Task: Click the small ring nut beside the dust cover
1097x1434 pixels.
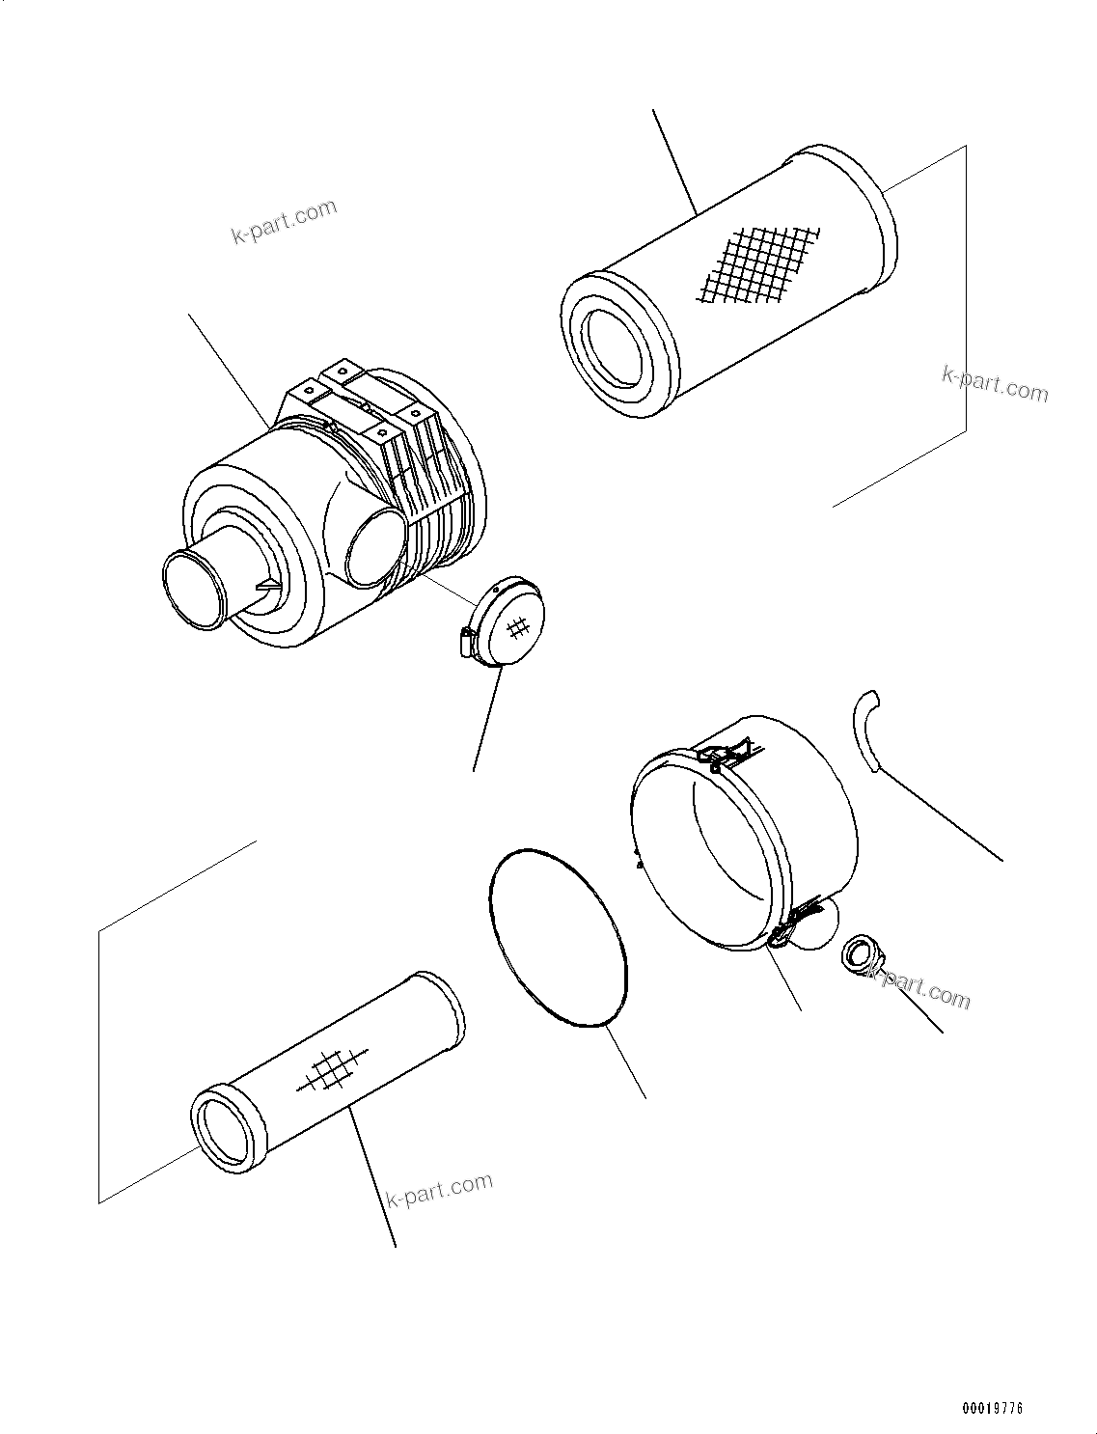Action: (x=859, y=956)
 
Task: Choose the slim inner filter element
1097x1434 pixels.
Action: (x=328, y=1071)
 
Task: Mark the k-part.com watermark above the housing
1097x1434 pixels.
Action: (x=284, y=221)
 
